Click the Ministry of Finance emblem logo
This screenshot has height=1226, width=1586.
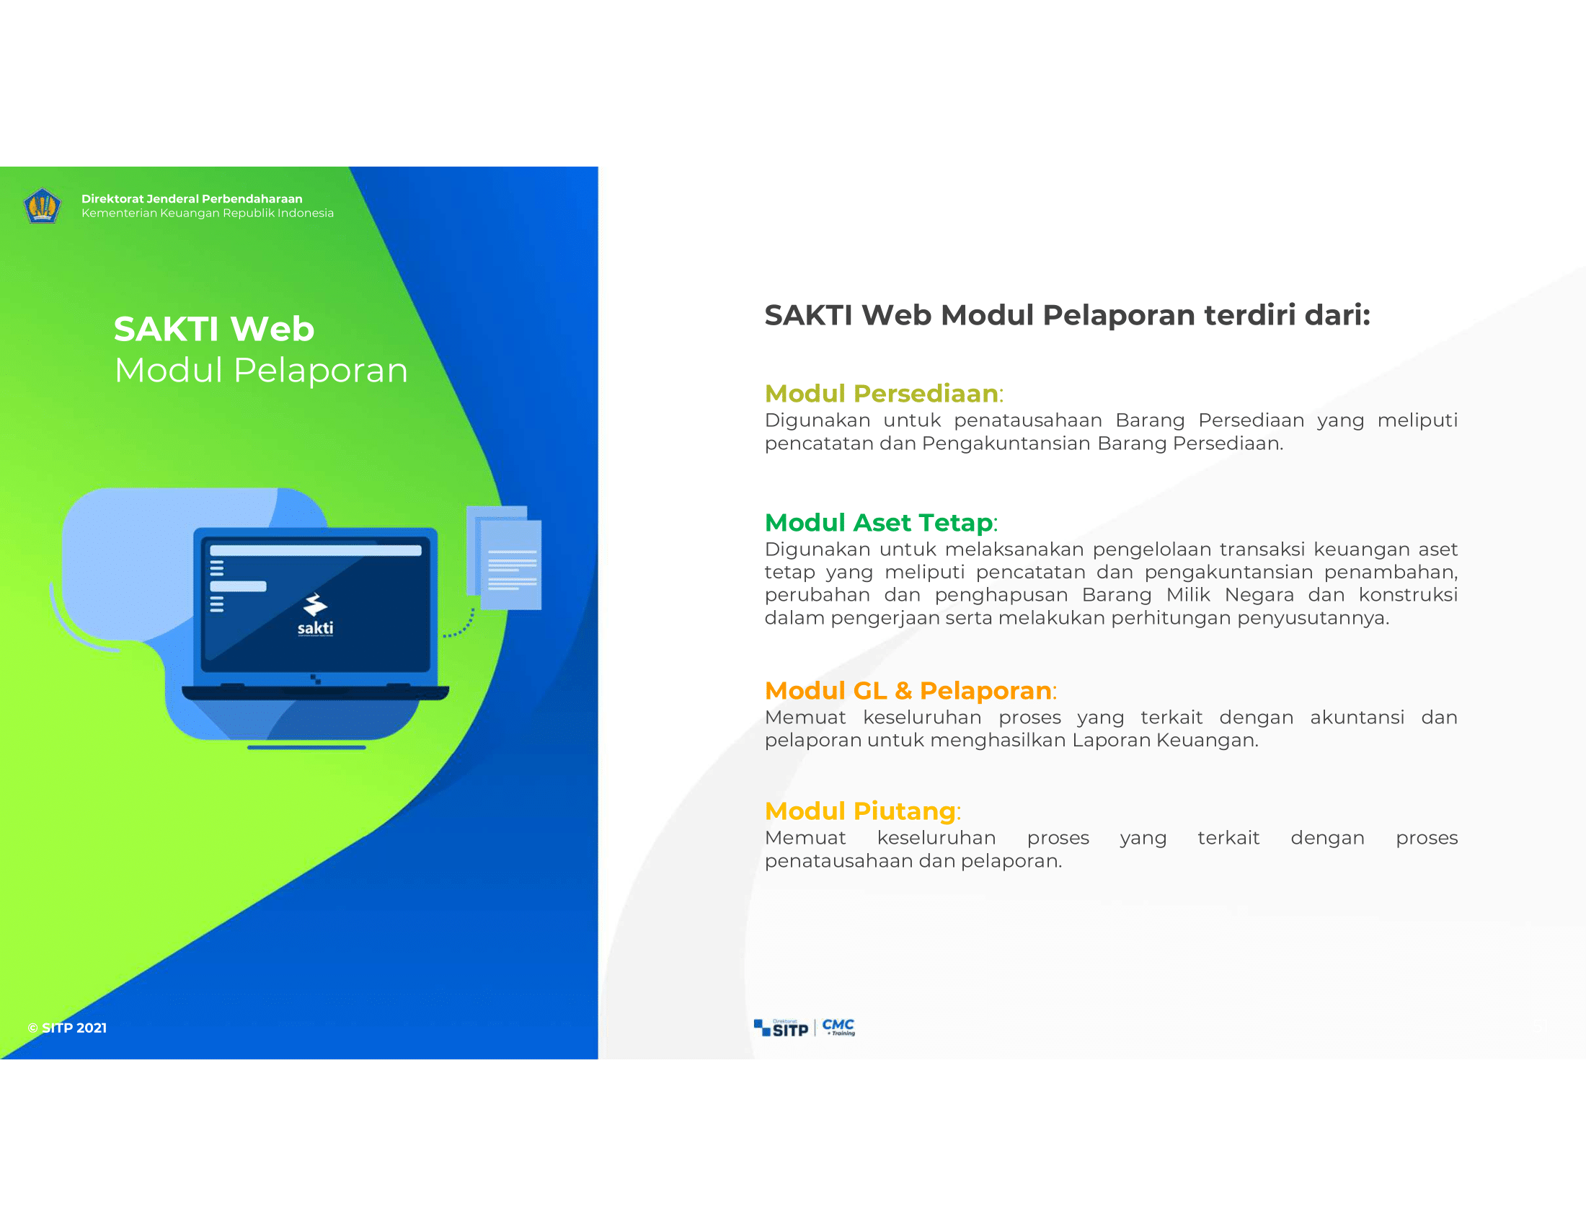[42, 206]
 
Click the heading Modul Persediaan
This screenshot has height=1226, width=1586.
[882, 393]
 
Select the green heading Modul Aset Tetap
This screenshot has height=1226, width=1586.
[879, 522]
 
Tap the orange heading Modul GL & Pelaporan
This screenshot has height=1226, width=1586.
[908, 690]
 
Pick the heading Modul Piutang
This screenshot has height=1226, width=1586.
[860, 811]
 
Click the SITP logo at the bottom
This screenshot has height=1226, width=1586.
[781, 1028]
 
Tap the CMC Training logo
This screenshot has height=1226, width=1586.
[838, 1027]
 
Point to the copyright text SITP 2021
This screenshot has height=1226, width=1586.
[68, 1028]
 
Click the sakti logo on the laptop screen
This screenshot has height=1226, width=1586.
[315, 615]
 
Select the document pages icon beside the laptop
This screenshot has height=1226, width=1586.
[504, 557]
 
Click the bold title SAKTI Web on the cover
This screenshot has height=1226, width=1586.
[214, 329]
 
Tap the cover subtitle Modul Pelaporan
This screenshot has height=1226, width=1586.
[262, 371]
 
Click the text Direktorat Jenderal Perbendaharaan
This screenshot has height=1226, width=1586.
[192, 199]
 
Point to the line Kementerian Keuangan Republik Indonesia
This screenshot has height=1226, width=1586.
[208, 213]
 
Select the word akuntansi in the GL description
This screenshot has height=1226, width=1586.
[1357, 718]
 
